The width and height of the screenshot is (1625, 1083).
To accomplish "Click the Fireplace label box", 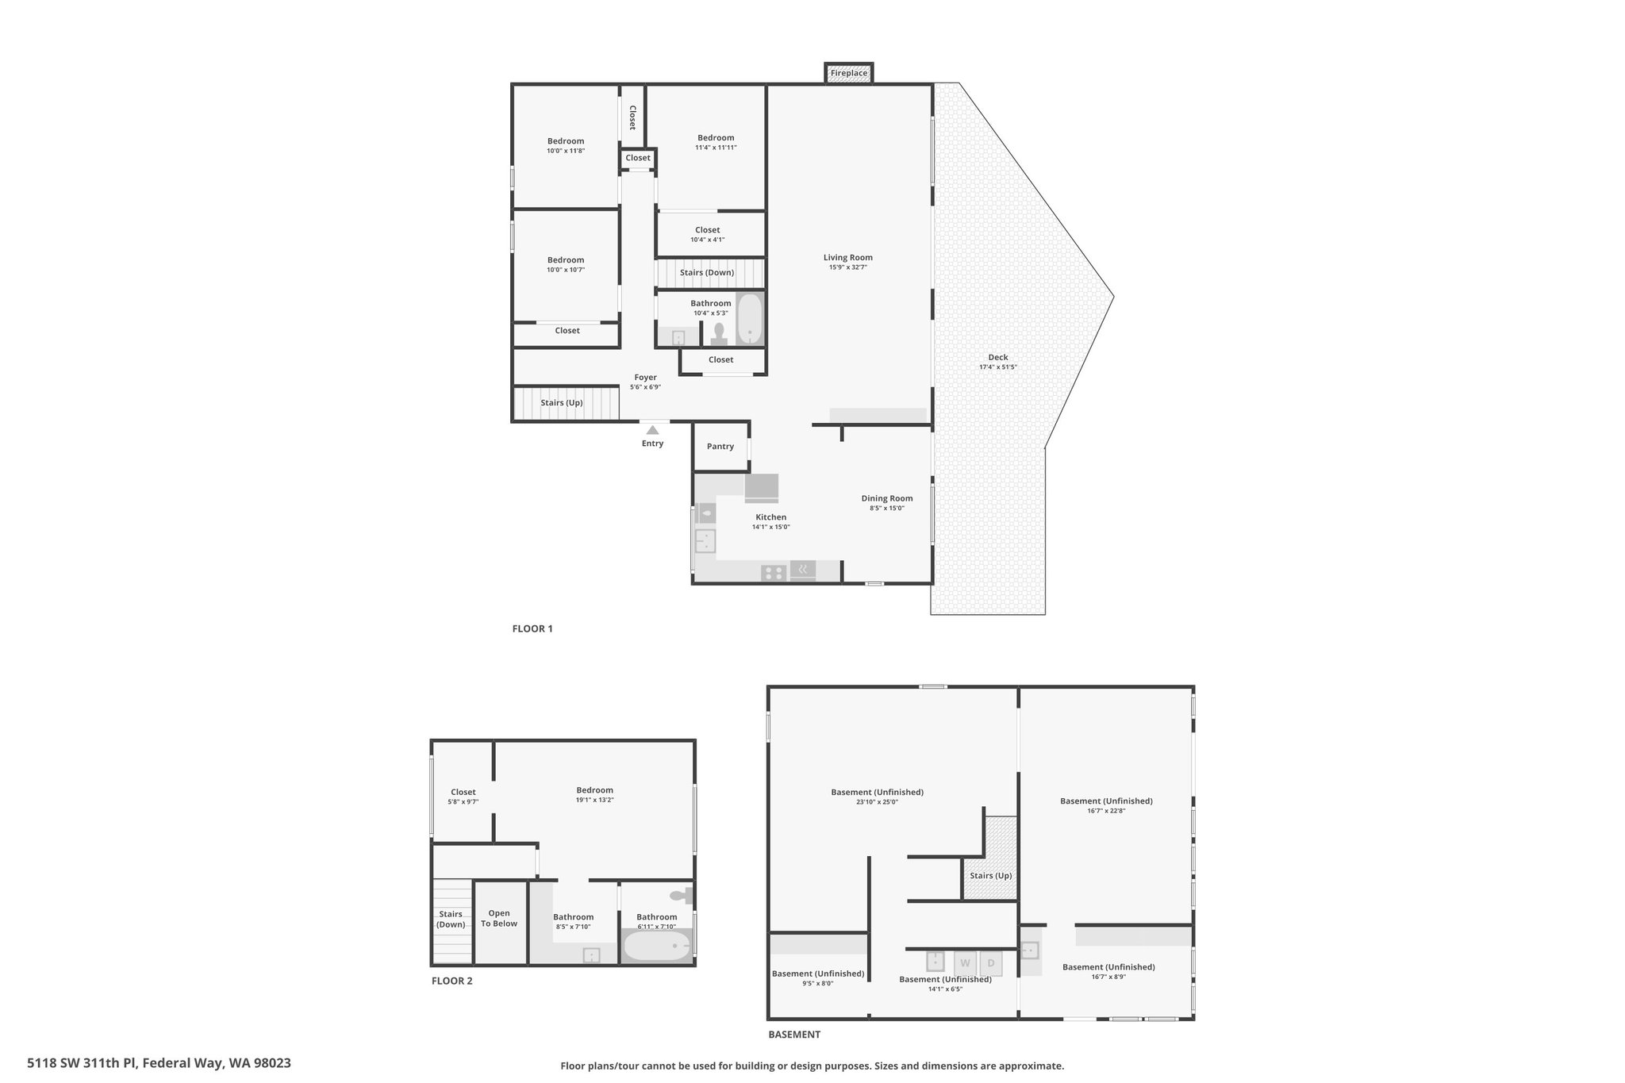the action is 849,73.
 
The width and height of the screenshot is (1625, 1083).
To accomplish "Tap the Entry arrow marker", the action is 652,429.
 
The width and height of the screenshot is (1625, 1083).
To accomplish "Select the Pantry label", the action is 720,447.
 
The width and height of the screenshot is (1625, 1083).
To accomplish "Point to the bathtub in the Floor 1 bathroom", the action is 750,319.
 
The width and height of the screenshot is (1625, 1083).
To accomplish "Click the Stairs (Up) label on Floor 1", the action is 562,403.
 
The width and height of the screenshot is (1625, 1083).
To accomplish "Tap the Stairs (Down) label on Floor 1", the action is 707,273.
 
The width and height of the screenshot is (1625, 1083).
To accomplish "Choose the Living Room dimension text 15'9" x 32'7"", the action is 848,267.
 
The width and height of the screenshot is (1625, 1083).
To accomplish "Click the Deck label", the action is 998,357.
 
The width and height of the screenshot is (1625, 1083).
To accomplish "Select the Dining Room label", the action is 887,498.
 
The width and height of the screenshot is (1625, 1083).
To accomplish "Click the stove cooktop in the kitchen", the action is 774,572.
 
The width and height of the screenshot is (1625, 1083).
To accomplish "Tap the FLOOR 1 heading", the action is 532,629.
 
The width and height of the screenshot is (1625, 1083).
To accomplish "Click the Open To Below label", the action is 499,918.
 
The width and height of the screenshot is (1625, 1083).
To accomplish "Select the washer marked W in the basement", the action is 965,963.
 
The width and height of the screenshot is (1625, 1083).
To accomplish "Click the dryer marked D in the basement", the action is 991,963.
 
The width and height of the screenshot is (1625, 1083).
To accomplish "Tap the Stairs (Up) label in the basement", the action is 991,876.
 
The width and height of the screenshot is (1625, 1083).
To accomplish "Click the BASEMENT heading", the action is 794,1035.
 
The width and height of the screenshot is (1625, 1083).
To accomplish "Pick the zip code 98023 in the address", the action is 272,1063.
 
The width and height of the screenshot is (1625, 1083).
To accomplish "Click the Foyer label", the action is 645,378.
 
